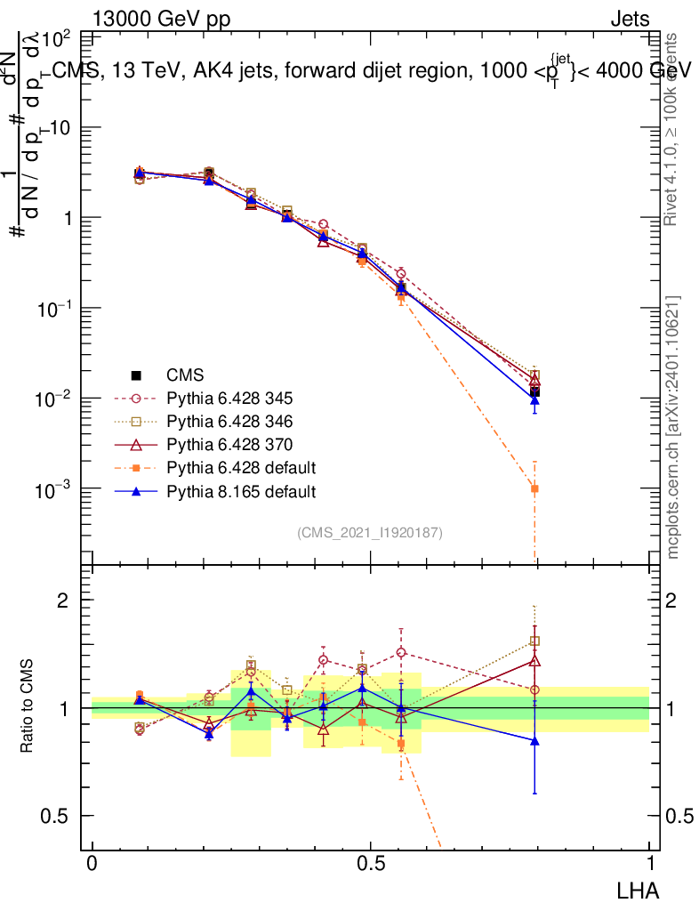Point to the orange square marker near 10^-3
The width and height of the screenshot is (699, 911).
pos(534,488)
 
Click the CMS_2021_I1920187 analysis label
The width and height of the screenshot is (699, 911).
pos(370,532)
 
